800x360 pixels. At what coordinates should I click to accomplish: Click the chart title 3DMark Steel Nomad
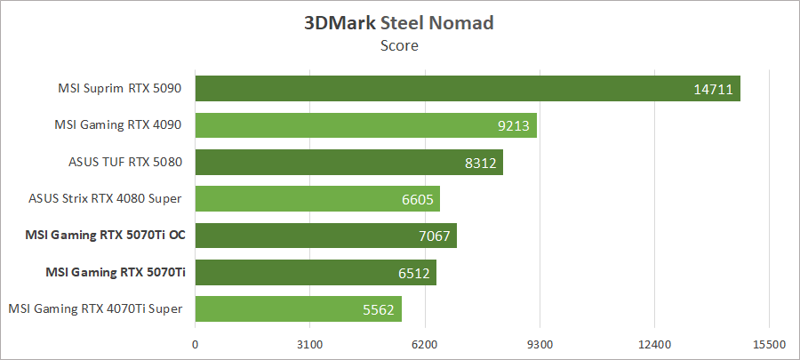pos(399,23)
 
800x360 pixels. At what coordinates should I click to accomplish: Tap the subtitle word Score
pos(399,45)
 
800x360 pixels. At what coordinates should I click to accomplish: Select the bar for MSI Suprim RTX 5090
pos(468,89)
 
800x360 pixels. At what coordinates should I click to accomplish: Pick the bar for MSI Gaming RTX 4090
pos(365,125)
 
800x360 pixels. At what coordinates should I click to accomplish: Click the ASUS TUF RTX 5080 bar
pos(348,163)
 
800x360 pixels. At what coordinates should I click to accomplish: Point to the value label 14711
pos(715,89)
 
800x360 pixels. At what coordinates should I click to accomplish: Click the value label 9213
pos(514,125)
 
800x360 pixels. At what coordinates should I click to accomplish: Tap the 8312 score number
pos(481,163)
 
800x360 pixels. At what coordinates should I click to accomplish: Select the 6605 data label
pos(417,199)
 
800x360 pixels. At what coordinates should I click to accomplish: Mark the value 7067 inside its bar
pos(434,236)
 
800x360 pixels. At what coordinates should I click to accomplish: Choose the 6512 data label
pos(413,272)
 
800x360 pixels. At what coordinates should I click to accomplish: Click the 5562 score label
pos(379,309)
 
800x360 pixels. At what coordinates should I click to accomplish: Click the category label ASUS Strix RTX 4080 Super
pos(106,199)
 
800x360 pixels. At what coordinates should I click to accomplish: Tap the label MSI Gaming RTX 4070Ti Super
pos(95,308)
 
